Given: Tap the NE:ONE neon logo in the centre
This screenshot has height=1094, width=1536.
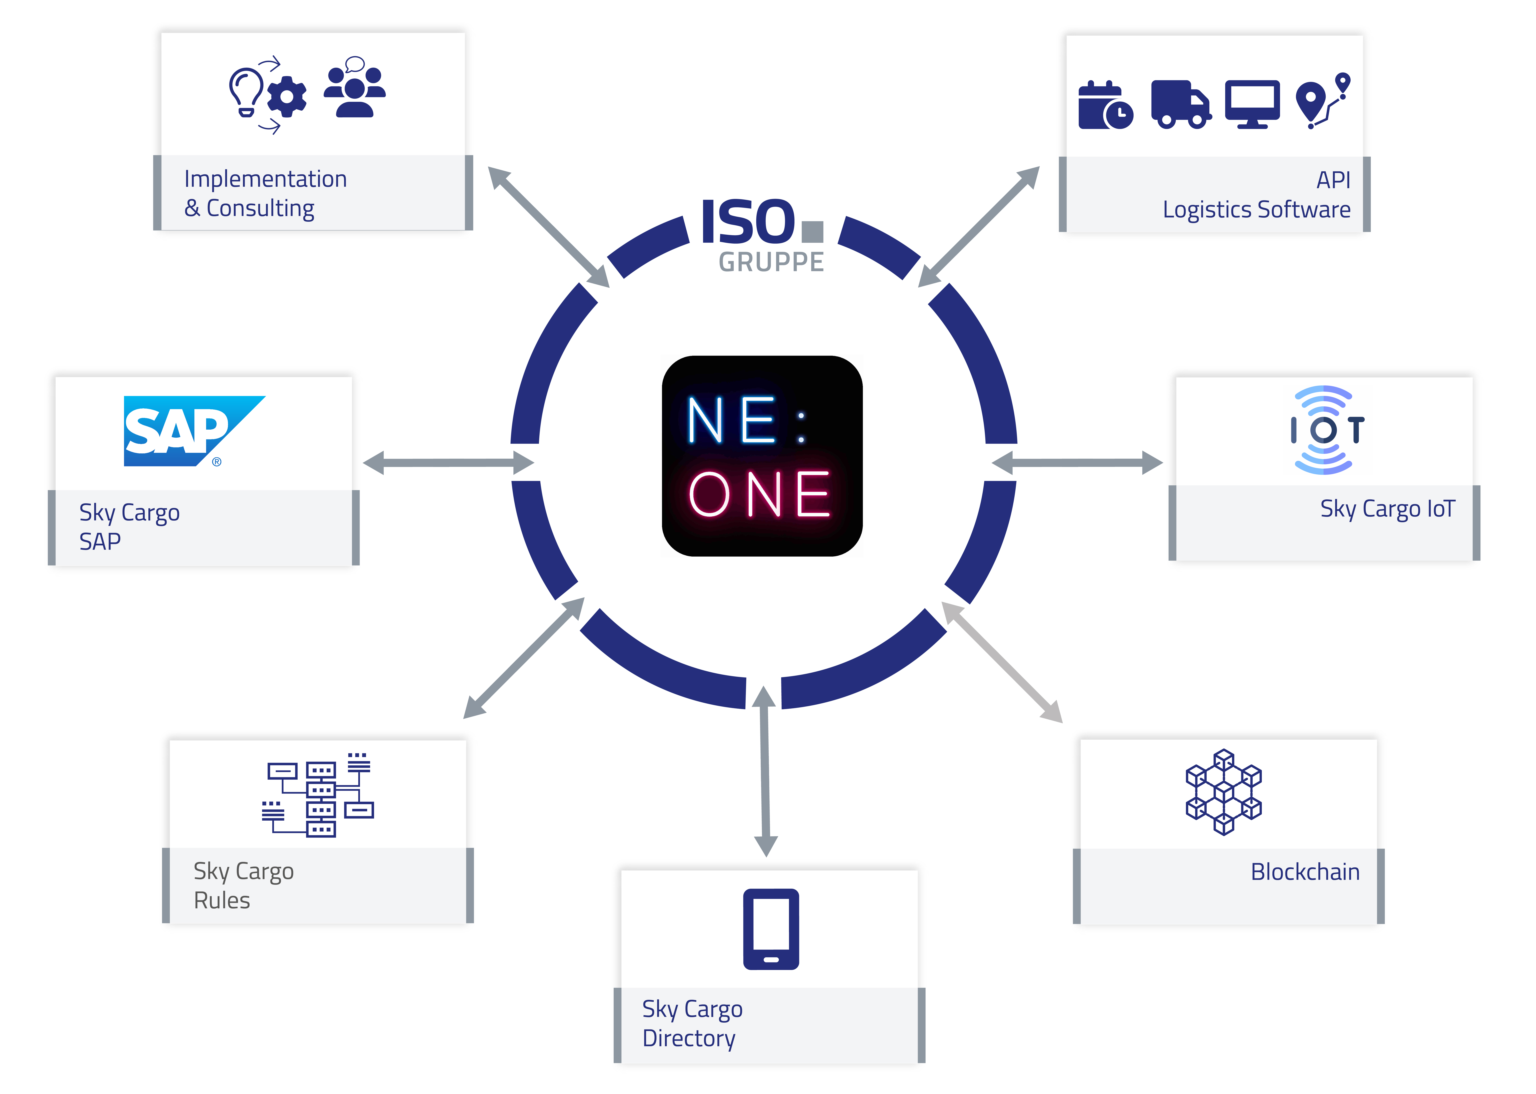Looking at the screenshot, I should click(x=762, y=456).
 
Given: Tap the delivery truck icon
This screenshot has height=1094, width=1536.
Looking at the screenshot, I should click(x=1180, y=104).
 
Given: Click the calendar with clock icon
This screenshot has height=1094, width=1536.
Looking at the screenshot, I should click(x=1105, y=106).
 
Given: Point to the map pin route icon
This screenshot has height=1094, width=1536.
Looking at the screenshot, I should click(x=1322, y=101).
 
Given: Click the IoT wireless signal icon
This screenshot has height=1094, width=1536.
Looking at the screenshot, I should click(x=1324, y=430).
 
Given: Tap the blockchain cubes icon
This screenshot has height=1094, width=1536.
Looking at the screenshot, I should click(x=1223, y=792).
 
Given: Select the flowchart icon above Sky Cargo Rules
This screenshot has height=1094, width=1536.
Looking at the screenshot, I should click(x=318, y=795).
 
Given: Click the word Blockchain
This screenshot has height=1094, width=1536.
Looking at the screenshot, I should click(x=1305, y=872).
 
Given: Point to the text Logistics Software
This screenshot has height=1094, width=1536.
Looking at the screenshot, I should click(x=1256, y=209).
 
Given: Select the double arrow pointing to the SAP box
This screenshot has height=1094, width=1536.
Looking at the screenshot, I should click(x=448, y=463).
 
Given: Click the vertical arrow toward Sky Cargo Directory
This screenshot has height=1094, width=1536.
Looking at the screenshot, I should click(x=765, y=771).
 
